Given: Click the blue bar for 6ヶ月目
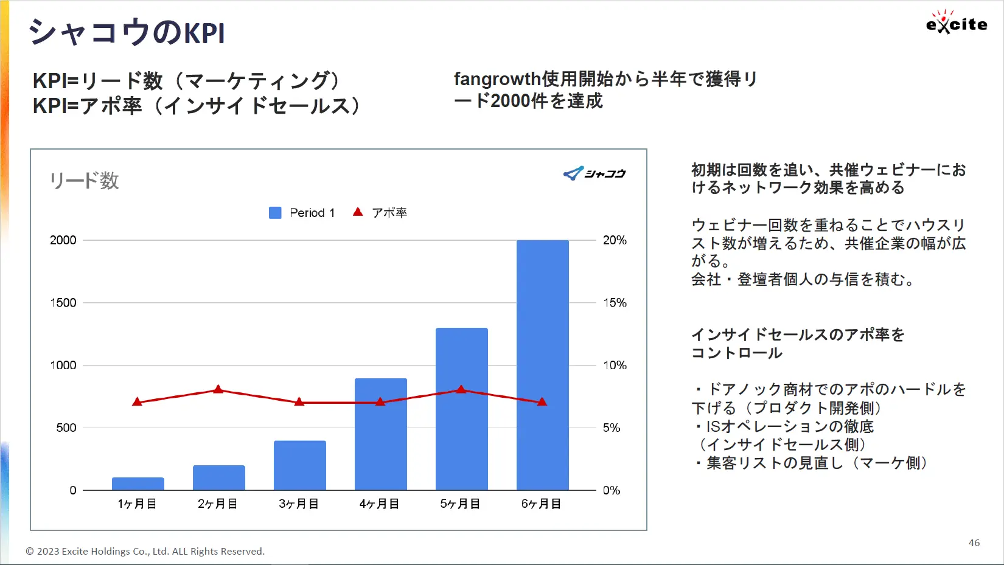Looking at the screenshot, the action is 542,365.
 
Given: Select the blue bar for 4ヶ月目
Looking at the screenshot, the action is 381,434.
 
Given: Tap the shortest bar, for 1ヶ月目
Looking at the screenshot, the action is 138,484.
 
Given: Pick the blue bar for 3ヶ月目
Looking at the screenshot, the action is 300,465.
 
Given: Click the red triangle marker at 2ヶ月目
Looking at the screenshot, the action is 218,389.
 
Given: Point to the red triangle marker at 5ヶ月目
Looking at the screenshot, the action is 461,389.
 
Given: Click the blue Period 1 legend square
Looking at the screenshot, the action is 275,213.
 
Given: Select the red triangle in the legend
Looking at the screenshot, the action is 358,212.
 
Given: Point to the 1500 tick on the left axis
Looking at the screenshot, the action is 63,303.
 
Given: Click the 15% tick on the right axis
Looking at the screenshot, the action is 615,303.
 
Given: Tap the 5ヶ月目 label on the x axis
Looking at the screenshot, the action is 460,504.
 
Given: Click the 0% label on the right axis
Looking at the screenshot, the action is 612,490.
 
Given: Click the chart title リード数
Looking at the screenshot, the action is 84,181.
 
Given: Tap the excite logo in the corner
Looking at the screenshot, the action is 957,23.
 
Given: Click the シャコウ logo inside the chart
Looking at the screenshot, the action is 594,173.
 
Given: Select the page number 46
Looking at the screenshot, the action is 974,543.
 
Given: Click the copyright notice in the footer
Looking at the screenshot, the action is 145,551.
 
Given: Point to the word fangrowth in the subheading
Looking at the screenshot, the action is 497,79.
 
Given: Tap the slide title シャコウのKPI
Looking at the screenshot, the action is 127,33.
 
